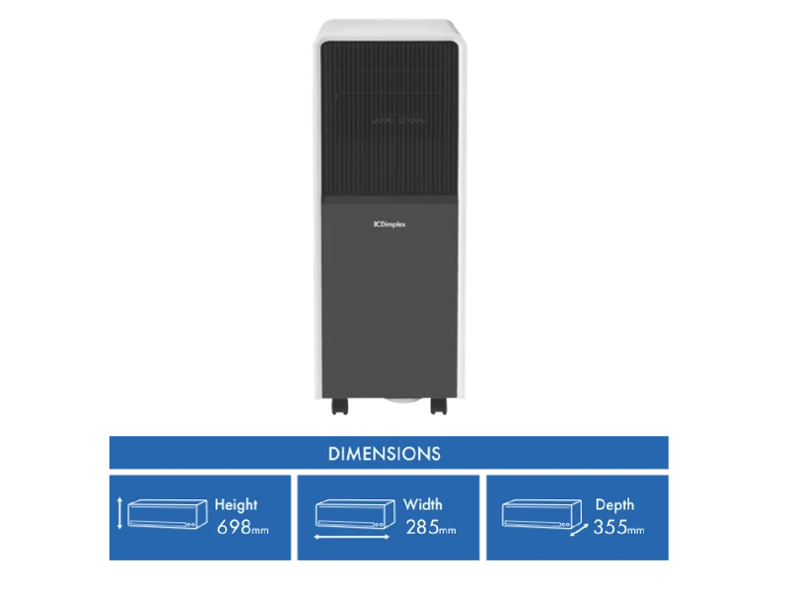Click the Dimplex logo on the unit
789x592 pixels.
coord(390,224)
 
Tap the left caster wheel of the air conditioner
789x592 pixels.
coord(339,406)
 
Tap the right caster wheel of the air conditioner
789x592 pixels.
coord(439,406)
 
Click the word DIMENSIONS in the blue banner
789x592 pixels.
coord(385,454)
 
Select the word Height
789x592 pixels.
coord(236,504)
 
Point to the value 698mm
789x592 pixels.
coord(243,527)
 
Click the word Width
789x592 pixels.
coord(423,504)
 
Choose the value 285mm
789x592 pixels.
coord(431,527)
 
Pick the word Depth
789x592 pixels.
coord(614,504)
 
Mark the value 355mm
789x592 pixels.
coord(619,527)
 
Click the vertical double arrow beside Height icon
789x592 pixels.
coord(119,513)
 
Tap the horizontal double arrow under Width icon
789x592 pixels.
coord(352,537)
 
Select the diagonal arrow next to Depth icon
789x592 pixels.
coord(579,530)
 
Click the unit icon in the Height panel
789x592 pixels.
coord(168,513)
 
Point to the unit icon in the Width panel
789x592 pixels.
coord(355,513)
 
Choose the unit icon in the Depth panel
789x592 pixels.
coord(541,513)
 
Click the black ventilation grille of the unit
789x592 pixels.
coord(390,118)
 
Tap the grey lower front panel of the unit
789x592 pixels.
coord(390,297)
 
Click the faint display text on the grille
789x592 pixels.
coord(399,120)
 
